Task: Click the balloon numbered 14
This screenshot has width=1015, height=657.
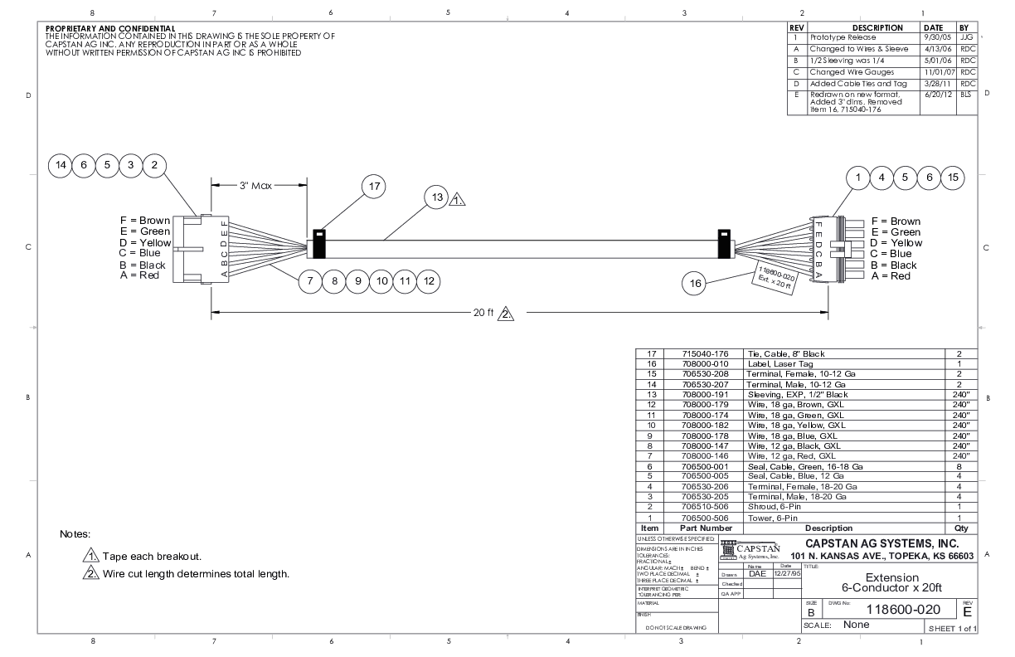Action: tap(61, 165)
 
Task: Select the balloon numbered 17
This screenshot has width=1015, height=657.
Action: tap(374, 187)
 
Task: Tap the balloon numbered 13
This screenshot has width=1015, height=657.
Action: tap(436, 197)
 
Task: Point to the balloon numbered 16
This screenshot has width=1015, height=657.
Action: tap(694, 283)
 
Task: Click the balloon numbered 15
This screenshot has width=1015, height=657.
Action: tap(954, 177)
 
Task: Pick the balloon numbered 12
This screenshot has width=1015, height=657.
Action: tap(428, 281)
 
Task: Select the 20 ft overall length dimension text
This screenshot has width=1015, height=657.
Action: tap(483, 313)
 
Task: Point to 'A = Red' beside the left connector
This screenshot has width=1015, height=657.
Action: tap(138, 275)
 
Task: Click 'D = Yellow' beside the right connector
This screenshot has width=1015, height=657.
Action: tap(896, 243)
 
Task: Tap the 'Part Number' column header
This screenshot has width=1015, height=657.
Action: tap(706, 528)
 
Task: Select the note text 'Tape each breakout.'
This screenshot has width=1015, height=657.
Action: tap(153, 556)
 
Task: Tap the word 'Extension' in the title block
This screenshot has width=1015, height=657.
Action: tap(891, 577)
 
